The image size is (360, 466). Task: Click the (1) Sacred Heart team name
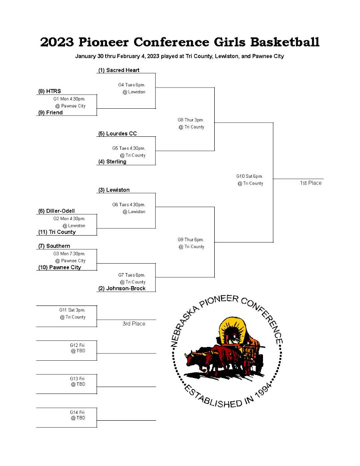click(x=119, y=70)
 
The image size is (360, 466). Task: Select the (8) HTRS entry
click(x=50, y=91)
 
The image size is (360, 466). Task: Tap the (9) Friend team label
click(x=50, y=113)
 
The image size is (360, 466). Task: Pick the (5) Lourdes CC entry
click(x=118, y=134)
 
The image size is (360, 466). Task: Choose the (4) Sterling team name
click(x=112, y=162)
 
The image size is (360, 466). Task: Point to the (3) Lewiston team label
click(x=114, y=190)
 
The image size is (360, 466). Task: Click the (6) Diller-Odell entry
click(x=56, y=211)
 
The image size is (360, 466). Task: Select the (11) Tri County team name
click(x=57, y=232)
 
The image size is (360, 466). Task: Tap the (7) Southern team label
click(x=54, y=246)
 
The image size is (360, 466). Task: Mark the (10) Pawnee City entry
click(x=59, y=268)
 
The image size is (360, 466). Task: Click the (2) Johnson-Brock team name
click(x=122, y=289)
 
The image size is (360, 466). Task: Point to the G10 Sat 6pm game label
click(x=250, y=176)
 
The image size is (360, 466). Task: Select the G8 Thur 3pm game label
click(x=191, y=120)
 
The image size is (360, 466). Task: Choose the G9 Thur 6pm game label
click(x=191, y=239)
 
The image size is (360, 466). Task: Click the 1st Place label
click(x=311, y=183)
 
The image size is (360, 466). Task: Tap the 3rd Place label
click(x=134, y=324)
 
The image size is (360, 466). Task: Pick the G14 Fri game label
click(x=77, y=412)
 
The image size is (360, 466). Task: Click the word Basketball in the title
click(x=285, y=42)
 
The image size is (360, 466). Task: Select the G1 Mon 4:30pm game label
click(x=69, y=99)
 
